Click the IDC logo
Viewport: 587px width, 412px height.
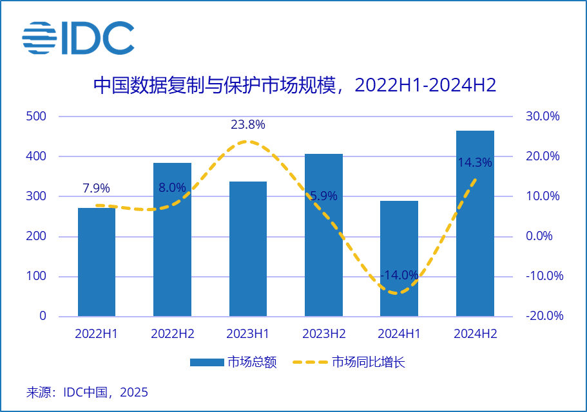78,38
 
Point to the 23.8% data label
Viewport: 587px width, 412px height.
248,124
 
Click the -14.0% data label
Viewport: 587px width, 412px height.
399,275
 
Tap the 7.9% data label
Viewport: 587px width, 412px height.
97,189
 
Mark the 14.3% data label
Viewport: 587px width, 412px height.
475,163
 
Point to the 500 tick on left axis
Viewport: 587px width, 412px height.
36,117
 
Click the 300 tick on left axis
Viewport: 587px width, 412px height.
36,196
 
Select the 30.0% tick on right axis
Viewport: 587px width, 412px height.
543,117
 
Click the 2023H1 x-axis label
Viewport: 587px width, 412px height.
248,334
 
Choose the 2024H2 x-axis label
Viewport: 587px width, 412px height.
475,334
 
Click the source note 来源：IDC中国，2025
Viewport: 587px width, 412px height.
87,392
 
